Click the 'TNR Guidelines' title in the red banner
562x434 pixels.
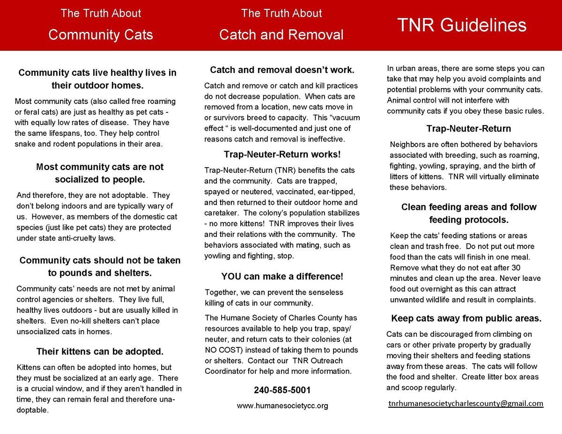pyautogui.click(x=462, y=25)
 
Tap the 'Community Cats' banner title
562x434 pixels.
pyautogui.click(x=101, y=35)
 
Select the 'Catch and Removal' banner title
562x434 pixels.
pyautogui.click(x=281, y=35)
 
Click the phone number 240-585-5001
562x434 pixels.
pyautogui.click(x=282, y=390)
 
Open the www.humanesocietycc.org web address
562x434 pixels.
pyautogui.click(x=282, y=406)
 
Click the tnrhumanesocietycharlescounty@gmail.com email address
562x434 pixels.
pyautogui.click(x=466, y=403)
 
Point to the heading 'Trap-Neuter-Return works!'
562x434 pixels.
pyautogui.click(x=282, y=154)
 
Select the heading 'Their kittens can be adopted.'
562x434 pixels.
pyautogui.click(x=100, y=351)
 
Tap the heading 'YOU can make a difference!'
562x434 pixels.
pyautogui.click(x=282, y=276)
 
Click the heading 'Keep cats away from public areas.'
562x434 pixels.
pyautogui.click(x=466, y=318)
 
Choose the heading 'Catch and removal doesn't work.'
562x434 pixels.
pyautogui.click(x=282, y=70)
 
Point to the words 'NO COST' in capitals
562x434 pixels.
pyautogui.click(x=221, y=350)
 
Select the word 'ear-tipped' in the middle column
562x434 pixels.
pyautogui.click(x=340, y=191)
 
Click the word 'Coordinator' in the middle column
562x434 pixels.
pyautogui.click(x=224, y=371)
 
